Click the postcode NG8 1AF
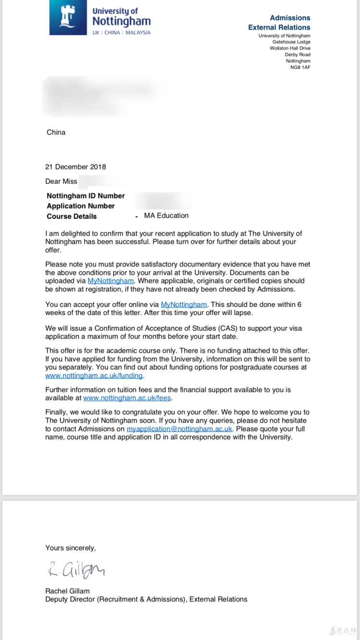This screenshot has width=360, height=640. pos(300,67)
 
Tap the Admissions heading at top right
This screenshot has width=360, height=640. pos(290,18)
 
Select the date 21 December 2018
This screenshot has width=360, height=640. pos(75,167)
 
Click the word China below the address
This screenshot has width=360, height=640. pos(56,133)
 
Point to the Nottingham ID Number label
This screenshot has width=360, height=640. pos(85,196)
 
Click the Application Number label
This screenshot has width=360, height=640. pos(81,206)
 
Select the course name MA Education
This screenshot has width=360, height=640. pos(166,216)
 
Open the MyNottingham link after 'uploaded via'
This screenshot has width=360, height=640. pos(110,281)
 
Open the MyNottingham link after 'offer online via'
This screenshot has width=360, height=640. pos(184,304)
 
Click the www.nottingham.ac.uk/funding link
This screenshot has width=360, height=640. pos(94,376)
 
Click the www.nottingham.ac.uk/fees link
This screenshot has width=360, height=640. pos(127,398)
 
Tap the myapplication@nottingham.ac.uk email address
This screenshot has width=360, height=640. pos(179,429)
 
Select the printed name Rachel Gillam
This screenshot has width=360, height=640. pos(67,591)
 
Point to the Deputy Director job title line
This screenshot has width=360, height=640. pos(146,599)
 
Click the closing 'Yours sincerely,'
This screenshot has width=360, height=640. pos(70,548)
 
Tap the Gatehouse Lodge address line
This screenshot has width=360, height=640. pos(291,42)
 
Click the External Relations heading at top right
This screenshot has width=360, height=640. pos(279,27)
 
